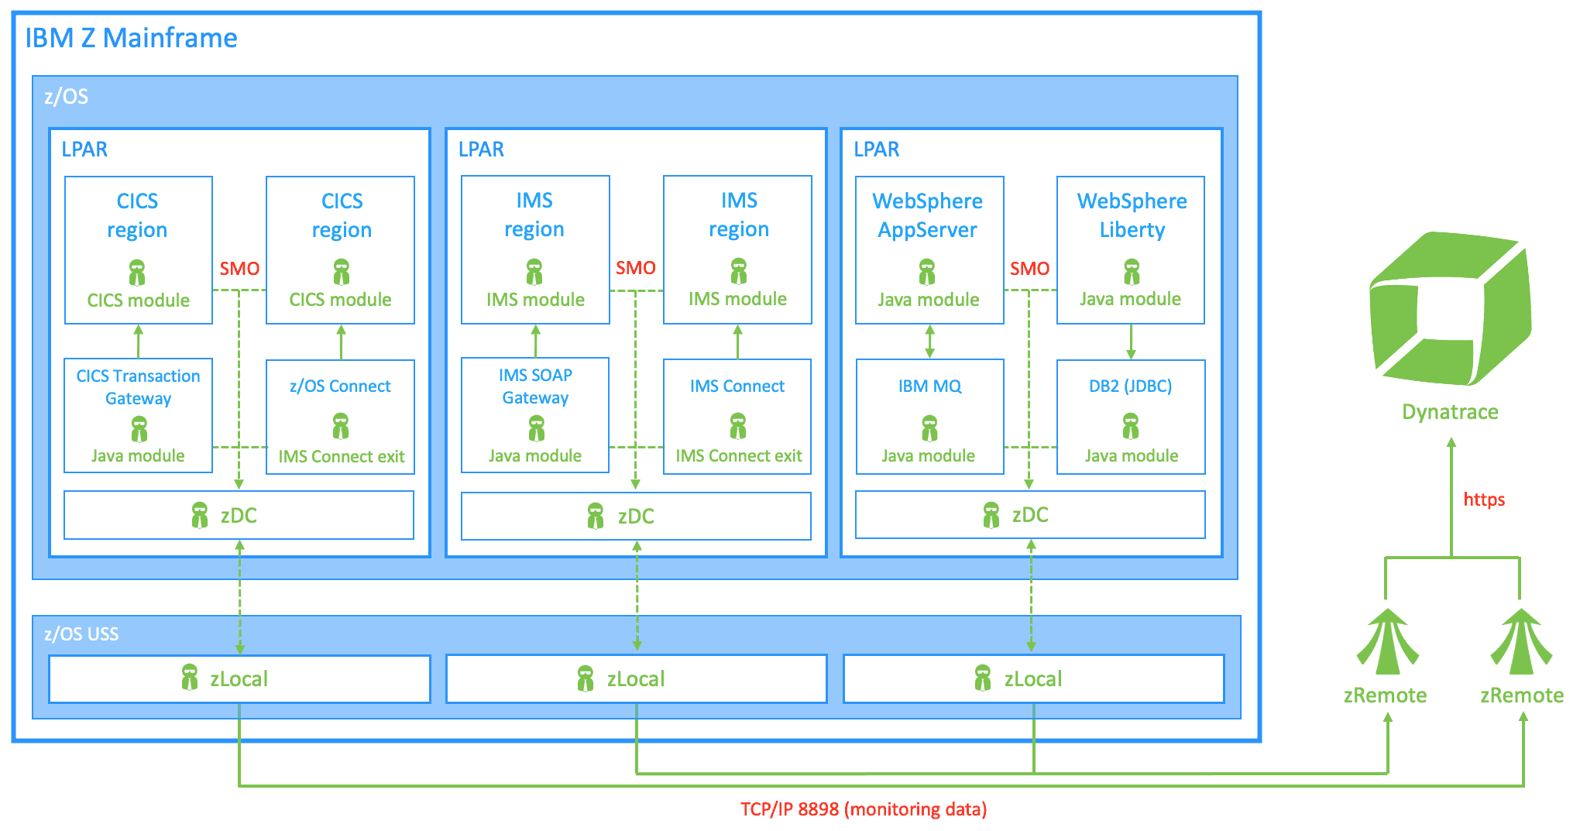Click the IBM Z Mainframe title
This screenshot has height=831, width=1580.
coord(131,38)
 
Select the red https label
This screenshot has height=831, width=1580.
coord(1484,500)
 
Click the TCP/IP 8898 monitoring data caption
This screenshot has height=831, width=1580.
coord(864,809)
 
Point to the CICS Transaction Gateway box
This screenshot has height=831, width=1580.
coord(139,415)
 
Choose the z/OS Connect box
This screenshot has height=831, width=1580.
coord(341,417)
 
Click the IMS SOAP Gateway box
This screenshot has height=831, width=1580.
coord(535,415)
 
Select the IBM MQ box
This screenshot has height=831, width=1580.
coord(929,417)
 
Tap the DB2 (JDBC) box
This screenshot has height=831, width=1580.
coord(1131,417)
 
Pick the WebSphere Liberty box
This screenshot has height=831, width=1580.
coord(1131,250)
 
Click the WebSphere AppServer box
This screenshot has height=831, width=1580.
coord(929,250)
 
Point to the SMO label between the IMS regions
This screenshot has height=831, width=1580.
coord(636,268)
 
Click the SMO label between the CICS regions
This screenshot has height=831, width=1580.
coord(239,269)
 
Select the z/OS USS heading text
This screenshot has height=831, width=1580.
coord(81,634)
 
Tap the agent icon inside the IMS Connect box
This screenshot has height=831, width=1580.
coord(738,426)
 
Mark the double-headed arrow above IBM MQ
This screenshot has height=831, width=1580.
coord(929,342)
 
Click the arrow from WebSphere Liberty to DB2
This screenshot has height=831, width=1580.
coord(1131,342)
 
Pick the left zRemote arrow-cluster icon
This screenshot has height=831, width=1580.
coord(1387,641)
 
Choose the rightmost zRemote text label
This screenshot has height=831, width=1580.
coord(1522,695)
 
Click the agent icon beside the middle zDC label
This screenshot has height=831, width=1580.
coord(596,516)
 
